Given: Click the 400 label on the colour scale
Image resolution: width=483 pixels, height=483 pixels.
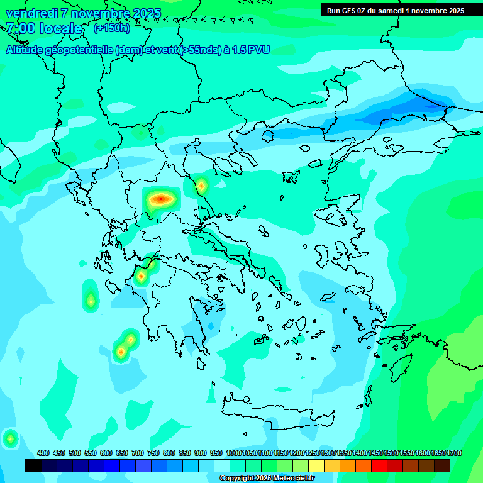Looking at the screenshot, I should click(43, 453).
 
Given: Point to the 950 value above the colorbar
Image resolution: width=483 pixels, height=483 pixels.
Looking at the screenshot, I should click(216, 453).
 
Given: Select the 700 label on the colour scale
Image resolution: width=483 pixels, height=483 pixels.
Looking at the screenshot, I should click(137, 453).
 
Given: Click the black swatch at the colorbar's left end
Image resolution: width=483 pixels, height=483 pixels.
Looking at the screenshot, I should click(33, 465).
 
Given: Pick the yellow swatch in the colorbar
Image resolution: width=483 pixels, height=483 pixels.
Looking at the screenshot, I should click(316, 465).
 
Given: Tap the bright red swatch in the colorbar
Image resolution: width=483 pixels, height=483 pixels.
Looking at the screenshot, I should click(379, 465).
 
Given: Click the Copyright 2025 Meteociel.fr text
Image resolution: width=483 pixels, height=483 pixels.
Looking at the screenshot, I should click(267, 479).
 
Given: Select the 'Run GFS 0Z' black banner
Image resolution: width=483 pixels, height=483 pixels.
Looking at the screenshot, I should click(395, 11).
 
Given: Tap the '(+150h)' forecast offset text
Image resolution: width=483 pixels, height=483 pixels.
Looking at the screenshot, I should click(111, 28).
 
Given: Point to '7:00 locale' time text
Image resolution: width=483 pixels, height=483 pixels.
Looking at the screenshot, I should click(44, 28).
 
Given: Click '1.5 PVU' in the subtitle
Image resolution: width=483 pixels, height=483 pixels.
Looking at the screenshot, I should click(250, 50).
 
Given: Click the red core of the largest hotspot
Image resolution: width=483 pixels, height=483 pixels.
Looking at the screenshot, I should click(160, 199).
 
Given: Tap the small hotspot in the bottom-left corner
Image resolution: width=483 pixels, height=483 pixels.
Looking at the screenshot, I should click(10, 438).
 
